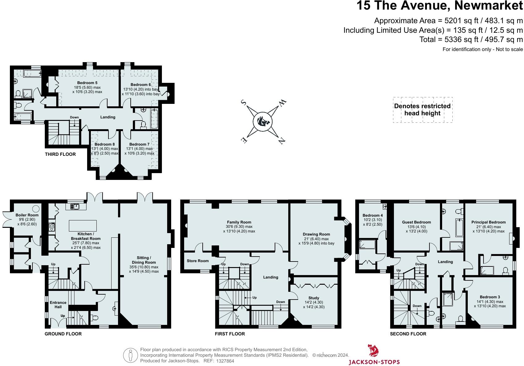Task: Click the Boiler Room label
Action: [27, 215]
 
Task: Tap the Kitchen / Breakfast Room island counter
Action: [82, 226]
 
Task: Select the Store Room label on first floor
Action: [198, 261]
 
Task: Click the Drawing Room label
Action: [316, 234]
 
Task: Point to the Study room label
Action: [314, 298]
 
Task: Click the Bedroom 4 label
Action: [373, 215]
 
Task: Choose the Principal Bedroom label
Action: [488, 222]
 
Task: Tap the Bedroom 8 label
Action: [104, 144]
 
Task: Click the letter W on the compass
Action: [283, 104]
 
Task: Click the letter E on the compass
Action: [244, 140]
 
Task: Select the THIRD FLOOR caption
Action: [60, 154]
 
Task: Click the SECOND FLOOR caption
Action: [408, 334]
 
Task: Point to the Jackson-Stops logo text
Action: [374, 362]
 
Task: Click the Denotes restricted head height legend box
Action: [422, 110]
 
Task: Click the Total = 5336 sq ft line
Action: [471, 40]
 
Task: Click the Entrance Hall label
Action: [58, 305]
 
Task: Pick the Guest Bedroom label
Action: [416, 222]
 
